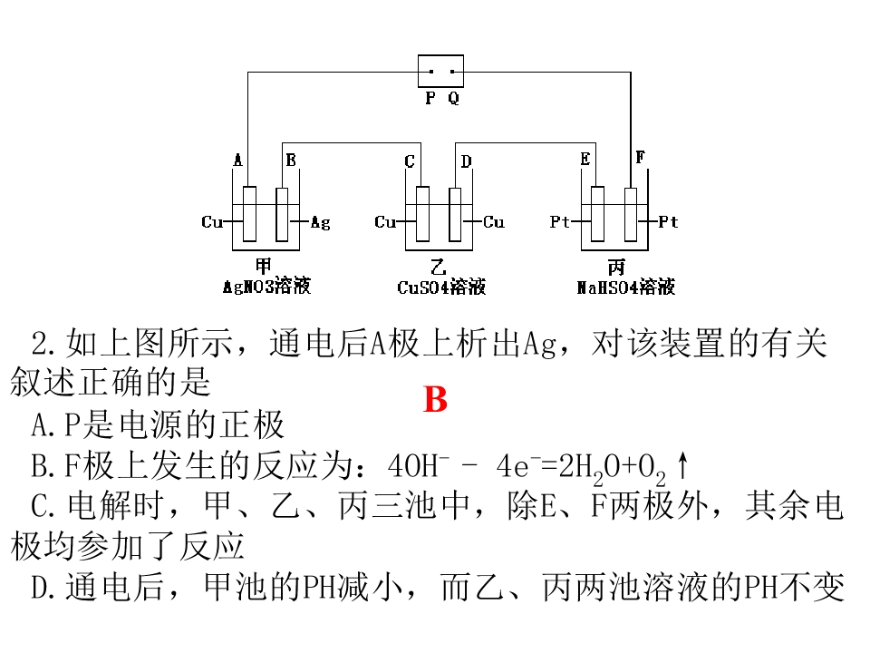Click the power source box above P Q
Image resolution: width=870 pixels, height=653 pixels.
coord(440,71)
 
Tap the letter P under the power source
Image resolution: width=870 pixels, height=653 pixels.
coord(430,98)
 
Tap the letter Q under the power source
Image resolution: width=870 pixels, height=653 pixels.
coord(453,98)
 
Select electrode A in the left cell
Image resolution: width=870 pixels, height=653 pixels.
coord(250,214)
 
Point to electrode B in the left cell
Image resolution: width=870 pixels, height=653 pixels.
coord(282,215)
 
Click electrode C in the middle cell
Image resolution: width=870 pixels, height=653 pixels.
coord(423,214)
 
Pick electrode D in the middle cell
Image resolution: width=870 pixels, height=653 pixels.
coord(455,215)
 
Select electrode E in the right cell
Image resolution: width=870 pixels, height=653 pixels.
coord(597,214)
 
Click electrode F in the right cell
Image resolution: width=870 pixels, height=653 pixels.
coord(631,215)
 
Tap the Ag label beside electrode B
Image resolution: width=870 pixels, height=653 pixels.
coord(320,223)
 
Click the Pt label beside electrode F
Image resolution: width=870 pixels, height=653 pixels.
coord(668,222)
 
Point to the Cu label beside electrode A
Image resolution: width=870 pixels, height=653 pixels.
coord(212,222)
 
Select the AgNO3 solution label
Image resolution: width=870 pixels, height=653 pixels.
coord(266,286)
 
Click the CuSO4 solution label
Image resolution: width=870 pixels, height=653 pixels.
coord(441,287)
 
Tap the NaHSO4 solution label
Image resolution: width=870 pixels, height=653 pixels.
coord(626,287)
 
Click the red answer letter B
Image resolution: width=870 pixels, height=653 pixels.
coord(436,399)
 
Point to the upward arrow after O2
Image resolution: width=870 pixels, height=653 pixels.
coord(682,465)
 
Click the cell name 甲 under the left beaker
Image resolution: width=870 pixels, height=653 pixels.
coord(263,266)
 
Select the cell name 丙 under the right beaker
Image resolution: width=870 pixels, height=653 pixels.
coord(616,267)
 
